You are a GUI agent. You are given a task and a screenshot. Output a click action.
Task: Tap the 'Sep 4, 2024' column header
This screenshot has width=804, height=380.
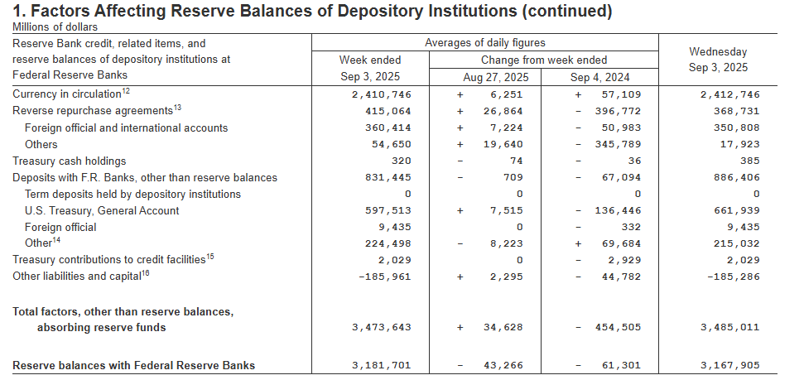(599, 78)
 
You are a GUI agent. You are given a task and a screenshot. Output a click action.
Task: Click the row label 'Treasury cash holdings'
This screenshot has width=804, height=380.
(70, 161)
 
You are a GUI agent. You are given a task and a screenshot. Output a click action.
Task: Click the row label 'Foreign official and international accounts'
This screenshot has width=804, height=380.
(126, 128)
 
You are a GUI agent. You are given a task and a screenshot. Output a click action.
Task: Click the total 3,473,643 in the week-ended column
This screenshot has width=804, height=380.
(383, 328)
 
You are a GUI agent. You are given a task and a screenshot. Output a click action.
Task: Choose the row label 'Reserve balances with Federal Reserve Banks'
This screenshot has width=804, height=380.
(133, 365)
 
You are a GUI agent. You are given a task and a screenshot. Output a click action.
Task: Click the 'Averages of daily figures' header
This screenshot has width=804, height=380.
(484, 43)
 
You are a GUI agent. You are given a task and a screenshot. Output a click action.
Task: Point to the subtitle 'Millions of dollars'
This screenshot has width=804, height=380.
(54, 26)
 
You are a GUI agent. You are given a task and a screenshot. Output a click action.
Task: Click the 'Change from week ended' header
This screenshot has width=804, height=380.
(544, 60)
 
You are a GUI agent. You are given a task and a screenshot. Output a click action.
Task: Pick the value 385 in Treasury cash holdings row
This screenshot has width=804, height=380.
(749, 161)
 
